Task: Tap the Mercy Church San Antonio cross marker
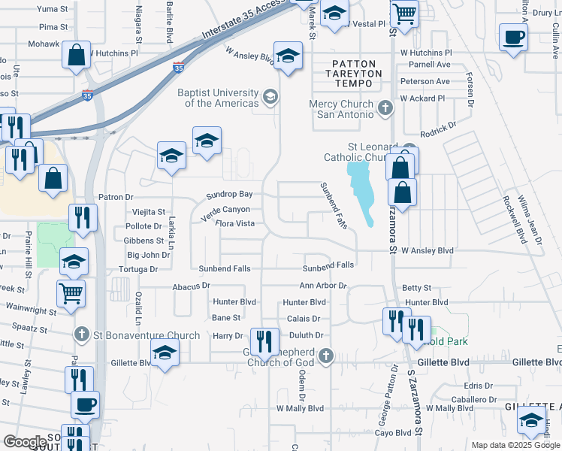tap(385, 109)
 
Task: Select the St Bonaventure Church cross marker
tap(82, 334)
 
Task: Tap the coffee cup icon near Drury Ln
tap(513, 37)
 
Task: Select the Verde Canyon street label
tap(225, 210)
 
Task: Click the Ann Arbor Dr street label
tap(323, 286)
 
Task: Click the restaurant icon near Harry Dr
tap(264, 342)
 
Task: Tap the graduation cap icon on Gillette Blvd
tap(165, 352)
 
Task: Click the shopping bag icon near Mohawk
tap(77, 55)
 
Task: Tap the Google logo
tap(25, 443)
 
